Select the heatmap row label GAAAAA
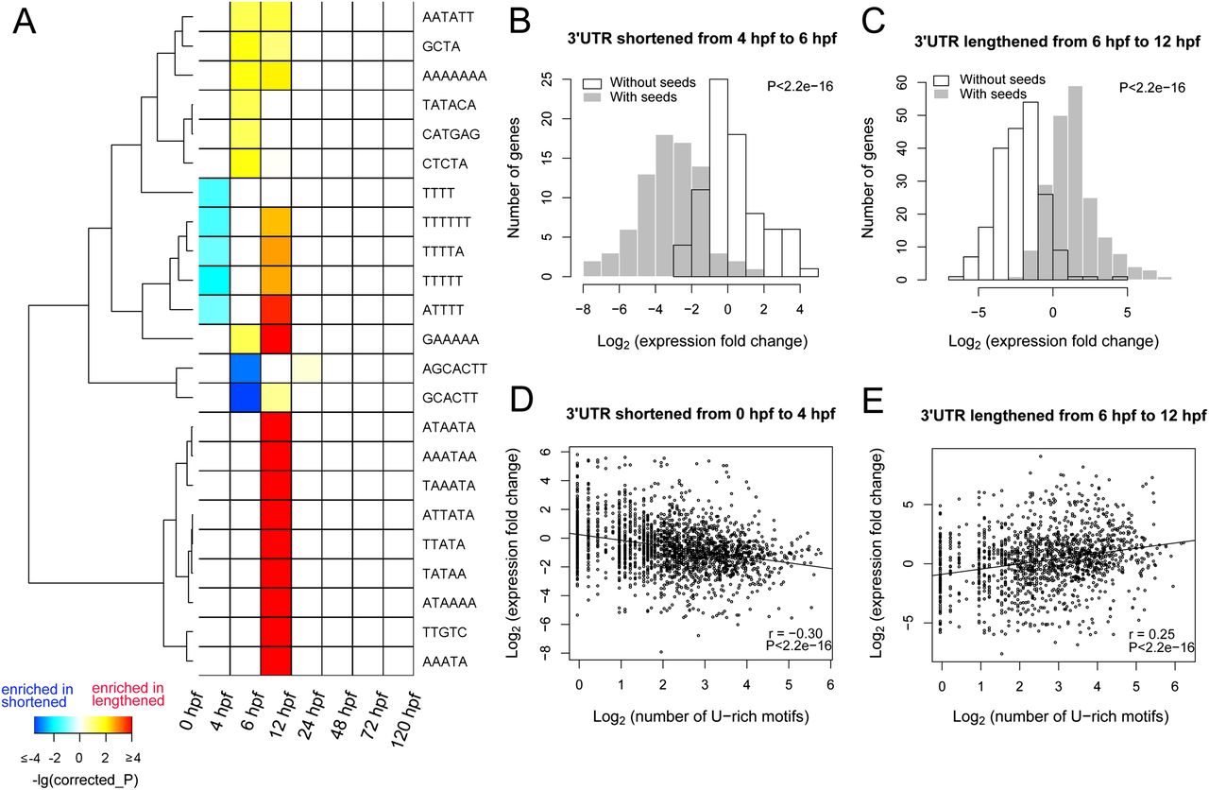pos(451,337)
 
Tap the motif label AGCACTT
pos(453,367)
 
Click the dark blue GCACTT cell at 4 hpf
pos(245,396)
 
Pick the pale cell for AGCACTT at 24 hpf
pos(306,367)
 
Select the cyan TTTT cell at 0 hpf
pos(213,191)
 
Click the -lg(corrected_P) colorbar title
pos(81,778)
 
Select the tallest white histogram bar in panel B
pos(718,180)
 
